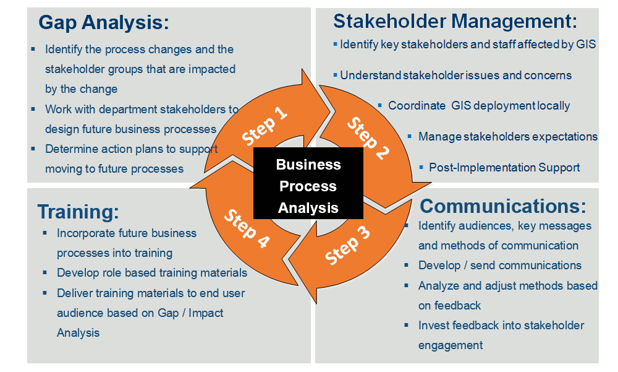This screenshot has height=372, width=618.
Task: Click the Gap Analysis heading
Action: pos(103,23)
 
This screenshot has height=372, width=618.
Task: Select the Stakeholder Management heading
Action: pos(455,21)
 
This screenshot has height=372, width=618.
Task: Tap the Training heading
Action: pos(78,212)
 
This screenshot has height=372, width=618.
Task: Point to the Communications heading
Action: pos(503,205)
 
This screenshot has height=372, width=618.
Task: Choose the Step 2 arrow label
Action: pos(368,137)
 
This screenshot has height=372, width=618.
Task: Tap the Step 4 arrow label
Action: pos(247,230)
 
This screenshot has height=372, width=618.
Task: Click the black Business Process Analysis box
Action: pos(308,186)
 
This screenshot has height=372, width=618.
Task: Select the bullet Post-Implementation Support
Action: pos(504,167)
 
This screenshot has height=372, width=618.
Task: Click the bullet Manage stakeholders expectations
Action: pos(507,136)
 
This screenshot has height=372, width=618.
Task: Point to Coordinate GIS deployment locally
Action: pos(479,106)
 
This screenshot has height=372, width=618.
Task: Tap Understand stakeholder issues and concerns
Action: pos(455,76)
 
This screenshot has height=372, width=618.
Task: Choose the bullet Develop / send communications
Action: pos(499,266)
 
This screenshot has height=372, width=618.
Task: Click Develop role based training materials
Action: pos(151,273)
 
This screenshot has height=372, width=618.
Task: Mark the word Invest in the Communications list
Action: pos(433,326)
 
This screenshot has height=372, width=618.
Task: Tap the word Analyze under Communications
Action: pos(439,285)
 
